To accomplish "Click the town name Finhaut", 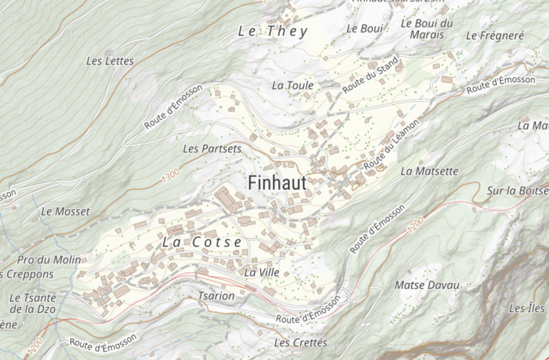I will [x=277, y=183].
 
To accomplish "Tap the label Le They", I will [x=273, y=31].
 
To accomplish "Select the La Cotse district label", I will [x=202, y=242].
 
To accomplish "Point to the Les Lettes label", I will [x=110, y=61].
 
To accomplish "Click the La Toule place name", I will [x=293, y=86].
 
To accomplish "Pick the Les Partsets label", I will [x=212, y=149].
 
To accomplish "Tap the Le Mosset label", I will [x=66, y=212].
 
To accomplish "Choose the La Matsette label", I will [x=429, y=171].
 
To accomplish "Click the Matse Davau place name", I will [x=427, y=285].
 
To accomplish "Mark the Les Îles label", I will [x=526, y=309].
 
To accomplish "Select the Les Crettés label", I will [x=300, y=343].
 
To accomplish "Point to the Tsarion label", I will [x=216, y=296].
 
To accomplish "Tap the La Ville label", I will [x=262, y=272].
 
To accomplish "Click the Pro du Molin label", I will [x=49, y=260].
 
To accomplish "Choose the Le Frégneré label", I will [x=495, y=36].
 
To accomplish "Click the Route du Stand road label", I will [x=370, y=75].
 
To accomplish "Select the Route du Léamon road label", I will [x=391, y=145].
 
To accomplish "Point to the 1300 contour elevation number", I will [x=171, y=175].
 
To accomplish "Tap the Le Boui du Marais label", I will [x=427, y=29].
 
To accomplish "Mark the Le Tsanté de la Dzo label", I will [x=33, y=304].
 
